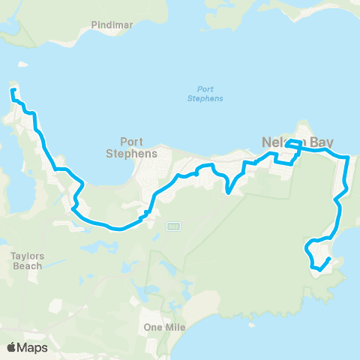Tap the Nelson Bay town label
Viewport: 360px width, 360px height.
click(297, 140)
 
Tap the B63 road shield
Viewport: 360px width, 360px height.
click(173, 226)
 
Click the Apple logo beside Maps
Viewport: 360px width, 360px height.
click(11, 347)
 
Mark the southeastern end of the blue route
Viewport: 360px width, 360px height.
click(330, 259)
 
